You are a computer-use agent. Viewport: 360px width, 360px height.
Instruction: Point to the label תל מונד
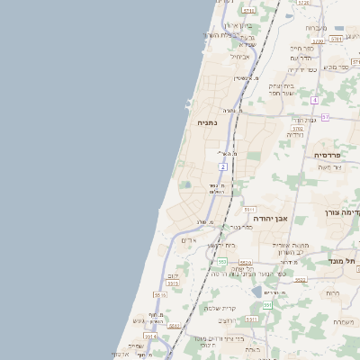(x=346, y=261)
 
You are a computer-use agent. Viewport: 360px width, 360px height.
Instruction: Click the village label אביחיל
(x=241, y=56)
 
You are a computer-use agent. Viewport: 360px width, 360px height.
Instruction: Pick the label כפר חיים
(x=301, y=48)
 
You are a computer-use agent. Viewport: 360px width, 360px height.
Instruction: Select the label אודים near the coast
(x=188, y=240)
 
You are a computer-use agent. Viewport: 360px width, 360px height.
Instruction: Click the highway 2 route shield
(x=222, y=166)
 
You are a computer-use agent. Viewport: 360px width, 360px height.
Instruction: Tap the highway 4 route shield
(x=314, y=101)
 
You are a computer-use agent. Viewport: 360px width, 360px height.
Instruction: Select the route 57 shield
(x=325, y=118)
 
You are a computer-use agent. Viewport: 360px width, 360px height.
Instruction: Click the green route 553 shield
(x=222, y=262)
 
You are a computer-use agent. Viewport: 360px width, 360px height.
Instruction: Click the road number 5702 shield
(x=297, y=129)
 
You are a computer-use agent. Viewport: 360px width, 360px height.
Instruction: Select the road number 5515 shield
(x=160, y=294)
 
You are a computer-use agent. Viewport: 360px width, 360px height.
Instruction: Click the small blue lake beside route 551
(x=258, y=292)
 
